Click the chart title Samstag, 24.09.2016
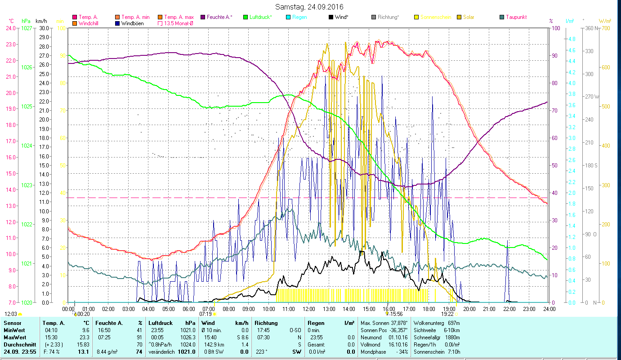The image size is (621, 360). click(x=311, y=7)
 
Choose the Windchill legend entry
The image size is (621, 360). click(x=90, y=23)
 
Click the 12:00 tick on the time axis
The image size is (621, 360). click(x=308, y=309)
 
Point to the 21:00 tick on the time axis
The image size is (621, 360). click(x=489, y=309)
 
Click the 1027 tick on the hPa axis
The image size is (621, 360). click(x=27, y=28)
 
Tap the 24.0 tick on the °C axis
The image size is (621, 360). click(x=10, y=28)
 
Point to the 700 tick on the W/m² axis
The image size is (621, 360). click(x=605, y=28)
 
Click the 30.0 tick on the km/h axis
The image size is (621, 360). click(x=44, y=28)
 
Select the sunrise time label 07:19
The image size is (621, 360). click(x=206, y=314)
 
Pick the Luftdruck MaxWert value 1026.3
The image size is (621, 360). click(x=187, y=337)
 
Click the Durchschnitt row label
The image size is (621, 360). click(x=17, y=344)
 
